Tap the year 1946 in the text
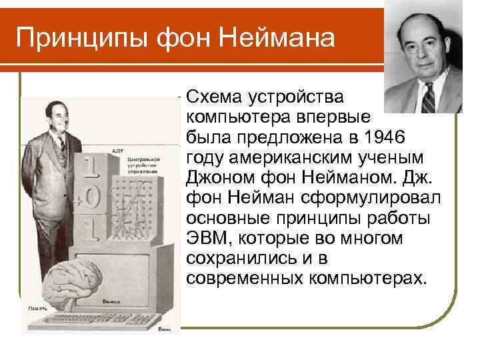(x=398, y=137)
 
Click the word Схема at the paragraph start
(x=215, y=97)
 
